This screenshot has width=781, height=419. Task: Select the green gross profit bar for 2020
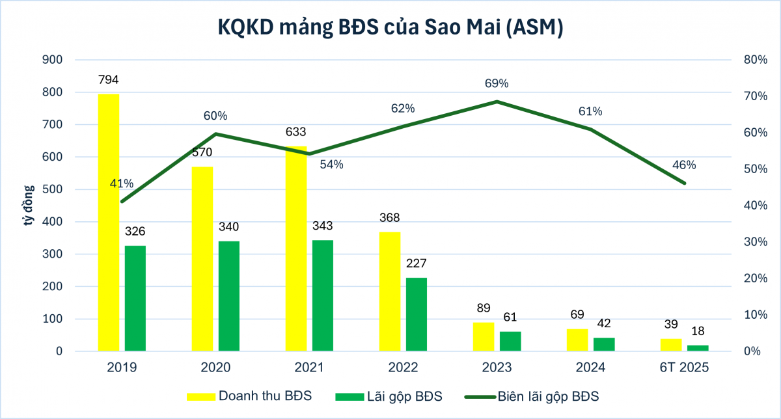coord(229,296)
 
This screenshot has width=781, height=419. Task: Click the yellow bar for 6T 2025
coord(671,345)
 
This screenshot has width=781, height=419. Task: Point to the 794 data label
coord(109,80)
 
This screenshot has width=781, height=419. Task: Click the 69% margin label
coord(497,83)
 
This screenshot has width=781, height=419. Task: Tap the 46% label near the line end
coord(684,165)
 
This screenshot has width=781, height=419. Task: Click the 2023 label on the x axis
coord(497,368)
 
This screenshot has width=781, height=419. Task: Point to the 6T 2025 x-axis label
coord(684,368)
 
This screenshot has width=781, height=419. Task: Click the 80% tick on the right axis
coord(755,60)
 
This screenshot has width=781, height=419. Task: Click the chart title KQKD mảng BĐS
coord(390,28)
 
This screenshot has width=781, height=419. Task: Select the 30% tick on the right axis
coord(755,242)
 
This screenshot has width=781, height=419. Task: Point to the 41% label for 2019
coord(122,184)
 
